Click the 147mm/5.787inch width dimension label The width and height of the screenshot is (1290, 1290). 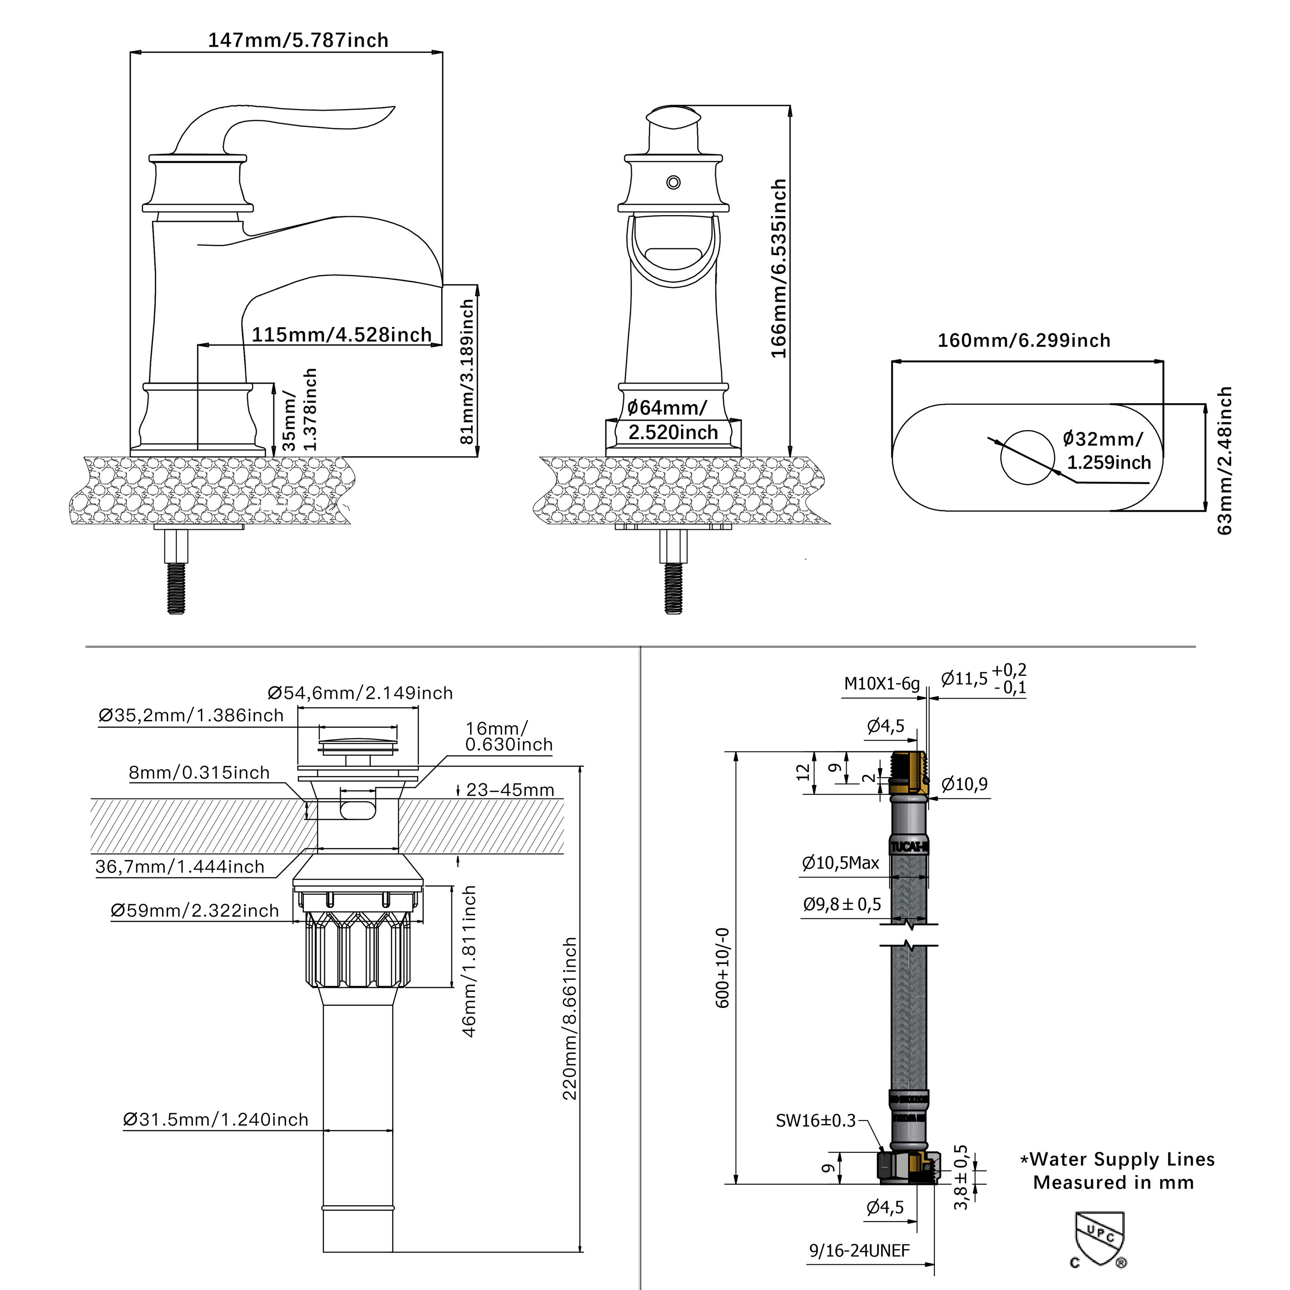[x=298, y=40]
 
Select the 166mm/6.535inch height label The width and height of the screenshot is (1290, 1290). [x=779, y=268]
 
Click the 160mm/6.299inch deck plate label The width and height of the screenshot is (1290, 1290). [x=1023, y=340]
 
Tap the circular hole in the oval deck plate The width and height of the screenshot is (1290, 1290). [x=1027, y=458]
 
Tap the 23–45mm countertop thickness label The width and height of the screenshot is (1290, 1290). [x=510, y=790]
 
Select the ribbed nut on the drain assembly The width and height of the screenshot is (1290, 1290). [x=358, y=948]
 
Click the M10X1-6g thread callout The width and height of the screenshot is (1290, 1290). [x=881, y=683]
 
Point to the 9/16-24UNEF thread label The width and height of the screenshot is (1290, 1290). [x=859, y=1250]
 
